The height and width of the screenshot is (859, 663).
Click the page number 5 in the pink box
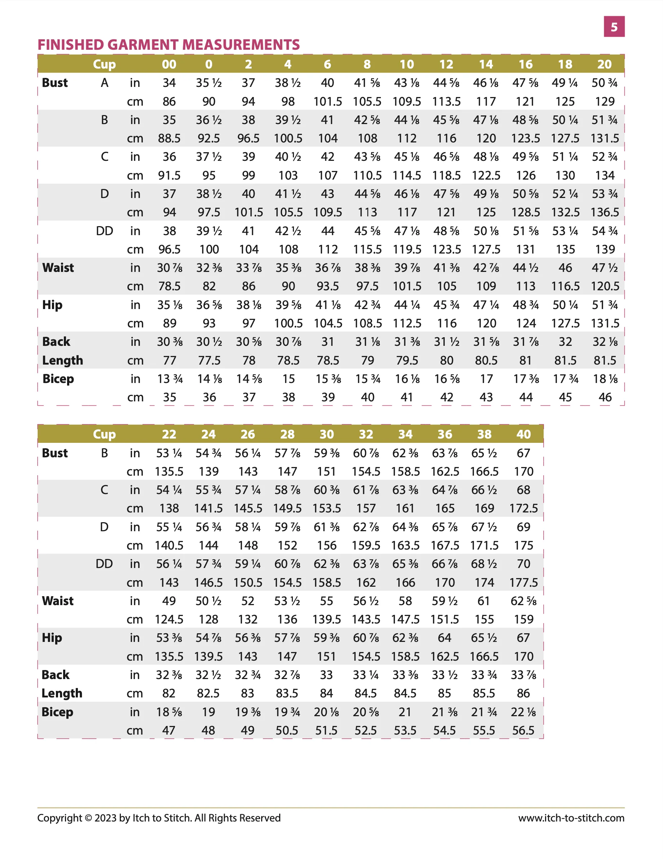(x=614, y=27)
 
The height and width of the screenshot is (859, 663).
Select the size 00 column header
(x=169, y=64)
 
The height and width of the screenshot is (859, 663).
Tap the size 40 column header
(x=523, y=434)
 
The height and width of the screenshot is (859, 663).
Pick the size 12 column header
(x=446, y=64)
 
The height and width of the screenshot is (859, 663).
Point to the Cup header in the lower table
(x=104, y=434)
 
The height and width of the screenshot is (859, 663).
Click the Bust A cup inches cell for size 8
(x=367, y=83)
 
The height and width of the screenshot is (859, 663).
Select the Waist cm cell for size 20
(x=605, y=286)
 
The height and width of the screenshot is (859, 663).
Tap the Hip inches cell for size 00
(x=170, y=305)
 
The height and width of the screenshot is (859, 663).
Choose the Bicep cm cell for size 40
(x=523, y=730)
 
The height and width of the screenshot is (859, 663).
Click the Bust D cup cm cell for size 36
(x=445, y=546)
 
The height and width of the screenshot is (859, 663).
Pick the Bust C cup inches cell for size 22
(x=169, y=490)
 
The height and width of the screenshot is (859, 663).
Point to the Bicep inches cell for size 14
(x=486, y=379)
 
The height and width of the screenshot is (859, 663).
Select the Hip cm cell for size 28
(x=287, y=656)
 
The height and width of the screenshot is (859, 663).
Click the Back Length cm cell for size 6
(x=328, y=361)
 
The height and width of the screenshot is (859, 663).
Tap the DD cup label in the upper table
(x=104, y=231)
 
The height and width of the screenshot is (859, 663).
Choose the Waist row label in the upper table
(x=58, y=268)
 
